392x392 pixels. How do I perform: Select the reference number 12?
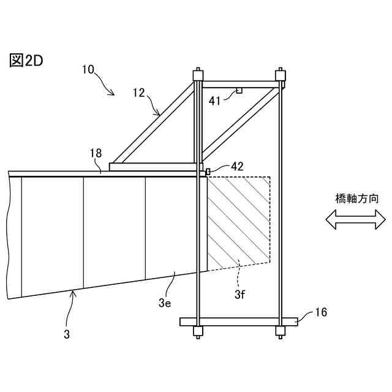tap(138, 92)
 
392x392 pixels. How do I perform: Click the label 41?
tap(215, 101)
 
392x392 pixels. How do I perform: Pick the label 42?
tap(237, 165)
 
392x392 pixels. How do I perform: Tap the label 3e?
tap(164, 302)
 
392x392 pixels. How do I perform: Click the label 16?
tap(320, 312)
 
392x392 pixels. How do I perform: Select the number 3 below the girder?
tap(67, 334)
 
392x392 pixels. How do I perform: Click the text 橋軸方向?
tap(357, 198)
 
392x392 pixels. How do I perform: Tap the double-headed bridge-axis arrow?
tap(356, 219)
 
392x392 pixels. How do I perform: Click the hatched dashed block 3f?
tap(239, 221)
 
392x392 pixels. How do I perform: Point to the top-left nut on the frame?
tap(198, 75)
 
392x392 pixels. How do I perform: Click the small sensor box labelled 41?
tap(239, 91)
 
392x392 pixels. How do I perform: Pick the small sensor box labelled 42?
tap(208, 171)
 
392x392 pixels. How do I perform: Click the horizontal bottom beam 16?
tap(239, 322)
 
